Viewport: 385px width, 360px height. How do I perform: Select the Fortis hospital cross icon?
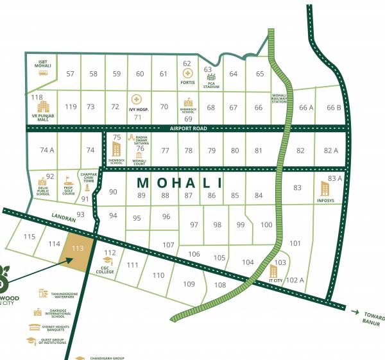pyautogui.click(x=187, y=73)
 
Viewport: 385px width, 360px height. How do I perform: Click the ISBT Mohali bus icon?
pyautogui.click(x=43, y=73)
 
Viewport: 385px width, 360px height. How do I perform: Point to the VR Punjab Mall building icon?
pyautogui.click(x=42, y=107)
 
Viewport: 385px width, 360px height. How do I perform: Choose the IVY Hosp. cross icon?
pyautogui.click(x=136, y=99)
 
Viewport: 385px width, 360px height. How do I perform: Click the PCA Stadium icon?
pyautogui.click(x=208, y=78)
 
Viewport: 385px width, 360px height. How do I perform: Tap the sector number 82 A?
pyautogui.click(x=330, y=150)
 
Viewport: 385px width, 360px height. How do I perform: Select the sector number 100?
pyautogui.click(x=266, y=225)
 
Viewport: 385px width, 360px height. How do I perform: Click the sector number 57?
pyautogui.click(x=71, y=74)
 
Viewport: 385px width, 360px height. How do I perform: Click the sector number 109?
pyautogui.click(x=189, y=284)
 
